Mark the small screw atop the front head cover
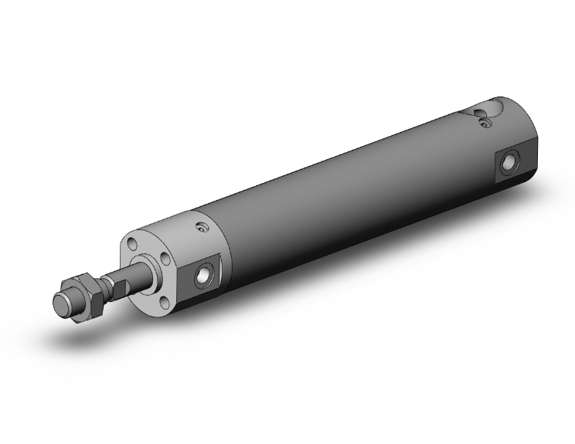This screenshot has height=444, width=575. pyautogui.click(x=203, y=228)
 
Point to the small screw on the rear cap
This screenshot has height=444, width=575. pyautogui.click(x=484, y=120)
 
